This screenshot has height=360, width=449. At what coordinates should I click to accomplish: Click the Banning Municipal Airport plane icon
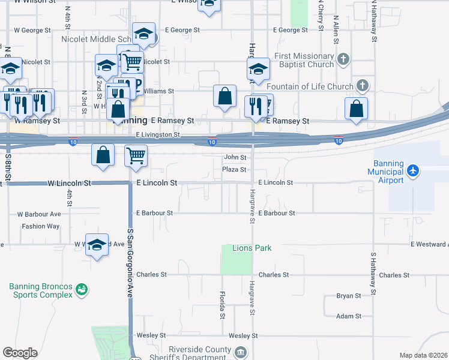(412, 170)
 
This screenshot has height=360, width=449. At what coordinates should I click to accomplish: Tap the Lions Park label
(252, 248)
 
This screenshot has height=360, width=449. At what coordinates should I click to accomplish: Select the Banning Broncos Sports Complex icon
(82, 291)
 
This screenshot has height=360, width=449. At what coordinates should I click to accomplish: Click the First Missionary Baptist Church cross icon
(343, 59)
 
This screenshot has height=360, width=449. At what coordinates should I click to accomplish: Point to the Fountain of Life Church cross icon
(362, 85)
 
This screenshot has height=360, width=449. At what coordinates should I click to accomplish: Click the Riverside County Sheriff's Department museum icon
(240, 352)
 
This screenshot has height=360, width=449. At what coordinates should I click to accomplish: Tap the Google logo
(20, 353)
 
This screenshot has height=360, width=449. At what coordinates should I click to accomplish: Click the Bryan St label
(348, 296)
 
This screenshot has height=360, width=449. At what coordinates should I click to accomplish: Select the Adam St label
(348, 316)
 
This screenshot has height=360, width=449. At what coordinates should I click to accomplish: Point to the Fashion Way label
(41, 226)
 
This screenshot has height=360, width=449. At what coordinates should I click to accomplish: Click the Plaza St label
(234, 170)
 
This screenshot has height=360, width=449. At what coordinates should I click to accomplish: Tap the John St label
(235, 157)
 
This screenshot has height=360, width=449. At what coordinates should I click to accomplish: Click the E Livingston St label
(158, 135)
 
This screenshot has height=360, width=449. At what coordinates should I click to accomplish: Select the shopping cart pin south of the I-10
(136, 155)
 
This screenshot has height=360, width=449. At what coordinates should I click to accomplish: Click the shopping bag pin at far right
(357, 108)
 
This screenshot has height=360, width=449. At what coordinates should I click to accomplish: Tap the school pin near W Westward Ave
(97, 244)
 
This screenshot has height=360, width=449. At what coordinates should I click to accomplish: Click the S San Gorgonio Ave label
(130, 264)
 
